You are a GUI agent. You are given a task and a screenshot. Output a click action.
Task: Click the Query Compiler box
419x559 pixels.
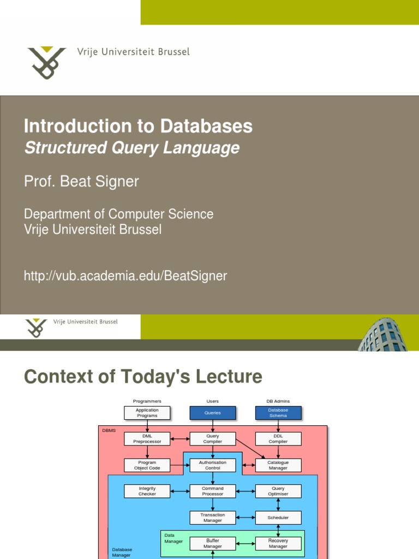213,438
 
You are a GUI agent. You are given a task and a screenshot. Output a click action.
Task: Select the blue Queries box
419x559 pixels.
213,413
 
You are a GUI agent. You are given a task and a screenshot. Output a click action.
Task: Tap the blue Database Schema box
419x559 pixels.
278,413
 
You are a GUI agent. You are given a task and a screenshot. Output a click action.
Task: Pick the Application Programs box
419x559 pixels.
147,413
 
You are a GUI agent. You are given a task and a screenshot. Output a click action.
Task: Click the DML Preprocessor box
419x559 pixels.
147,438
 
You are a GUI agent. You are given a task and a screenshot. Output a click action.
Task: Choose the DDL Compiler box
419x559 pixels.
278,438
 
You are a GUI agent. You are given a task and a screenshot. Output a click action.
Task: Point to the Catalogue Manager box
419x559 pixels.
278,465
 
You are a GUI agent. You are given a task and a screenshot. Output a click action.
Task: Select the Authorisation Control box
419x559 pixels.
213,465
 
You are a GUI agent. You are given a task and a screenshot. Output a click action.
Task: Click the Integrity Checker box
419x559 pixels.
147,491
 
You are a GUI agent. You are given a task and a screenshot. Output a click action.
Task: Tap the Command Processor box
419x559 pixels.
213,491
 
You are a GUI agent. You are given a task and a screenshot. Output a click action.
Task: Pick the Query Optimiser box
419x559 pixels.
278,491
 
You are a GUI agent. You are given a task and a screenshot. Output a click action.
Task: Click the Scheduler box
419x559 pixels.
278,518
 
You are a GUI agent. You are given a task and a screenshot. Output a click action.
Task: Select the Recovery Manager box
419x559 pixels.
278,543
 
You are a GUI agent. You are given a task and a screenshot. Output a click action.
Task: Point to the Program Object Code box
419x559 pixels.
147,465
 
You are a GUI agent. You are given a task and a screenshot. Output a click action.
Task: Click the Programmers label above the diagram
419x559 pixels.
147,401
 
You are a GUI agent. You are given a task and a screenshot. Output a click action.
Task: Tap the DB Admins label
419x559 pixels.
278,401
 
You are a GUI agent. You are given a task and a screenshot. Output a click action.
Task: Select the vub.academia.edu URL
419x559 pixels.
125,276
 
